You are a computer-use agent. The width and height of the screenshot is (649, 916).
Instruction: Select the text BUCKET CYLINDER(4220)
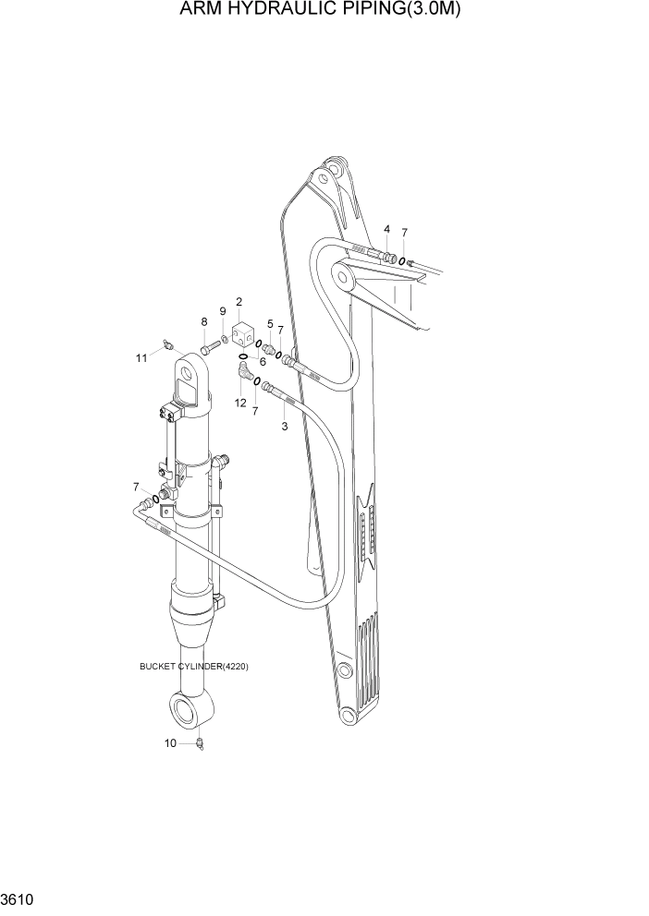[x=194, y=667]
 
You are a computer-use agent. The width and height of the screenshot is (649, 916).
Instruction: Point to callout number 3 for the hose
[x=284, y=427]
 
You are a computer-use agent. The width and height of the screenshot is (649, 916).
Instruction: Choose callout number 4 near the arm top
[x=386, y=229]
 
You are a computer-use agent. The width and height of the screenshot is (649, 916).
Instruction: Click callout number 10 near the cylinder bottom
[x=168, y=742]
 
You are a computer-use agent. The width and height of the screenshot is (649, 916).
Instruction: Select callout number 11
[x=141, y=357]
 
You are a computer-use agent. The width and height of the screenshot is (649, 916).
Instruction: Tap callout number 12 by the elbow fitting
[x=239, y=404]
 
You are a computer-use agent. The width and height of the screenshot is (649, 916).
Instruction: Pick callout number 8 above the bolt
[x=203, y=321]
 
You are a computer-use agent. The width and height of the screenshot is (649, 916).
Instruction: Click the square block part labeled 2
[x=244, y=334]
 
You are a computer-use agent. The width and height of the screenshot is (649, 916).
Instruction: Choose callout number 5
[x=270, y=324]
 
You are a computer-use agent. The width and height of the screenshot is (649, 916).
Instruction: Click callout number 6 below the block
[x=263, y=362]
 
